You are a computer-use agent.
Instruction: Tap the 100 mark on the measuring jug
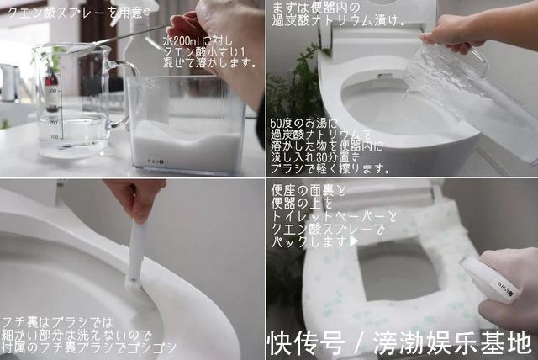click(x=54, y=135)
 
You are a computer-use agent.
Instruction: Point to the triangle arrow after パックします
click(x=354, y=241)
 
